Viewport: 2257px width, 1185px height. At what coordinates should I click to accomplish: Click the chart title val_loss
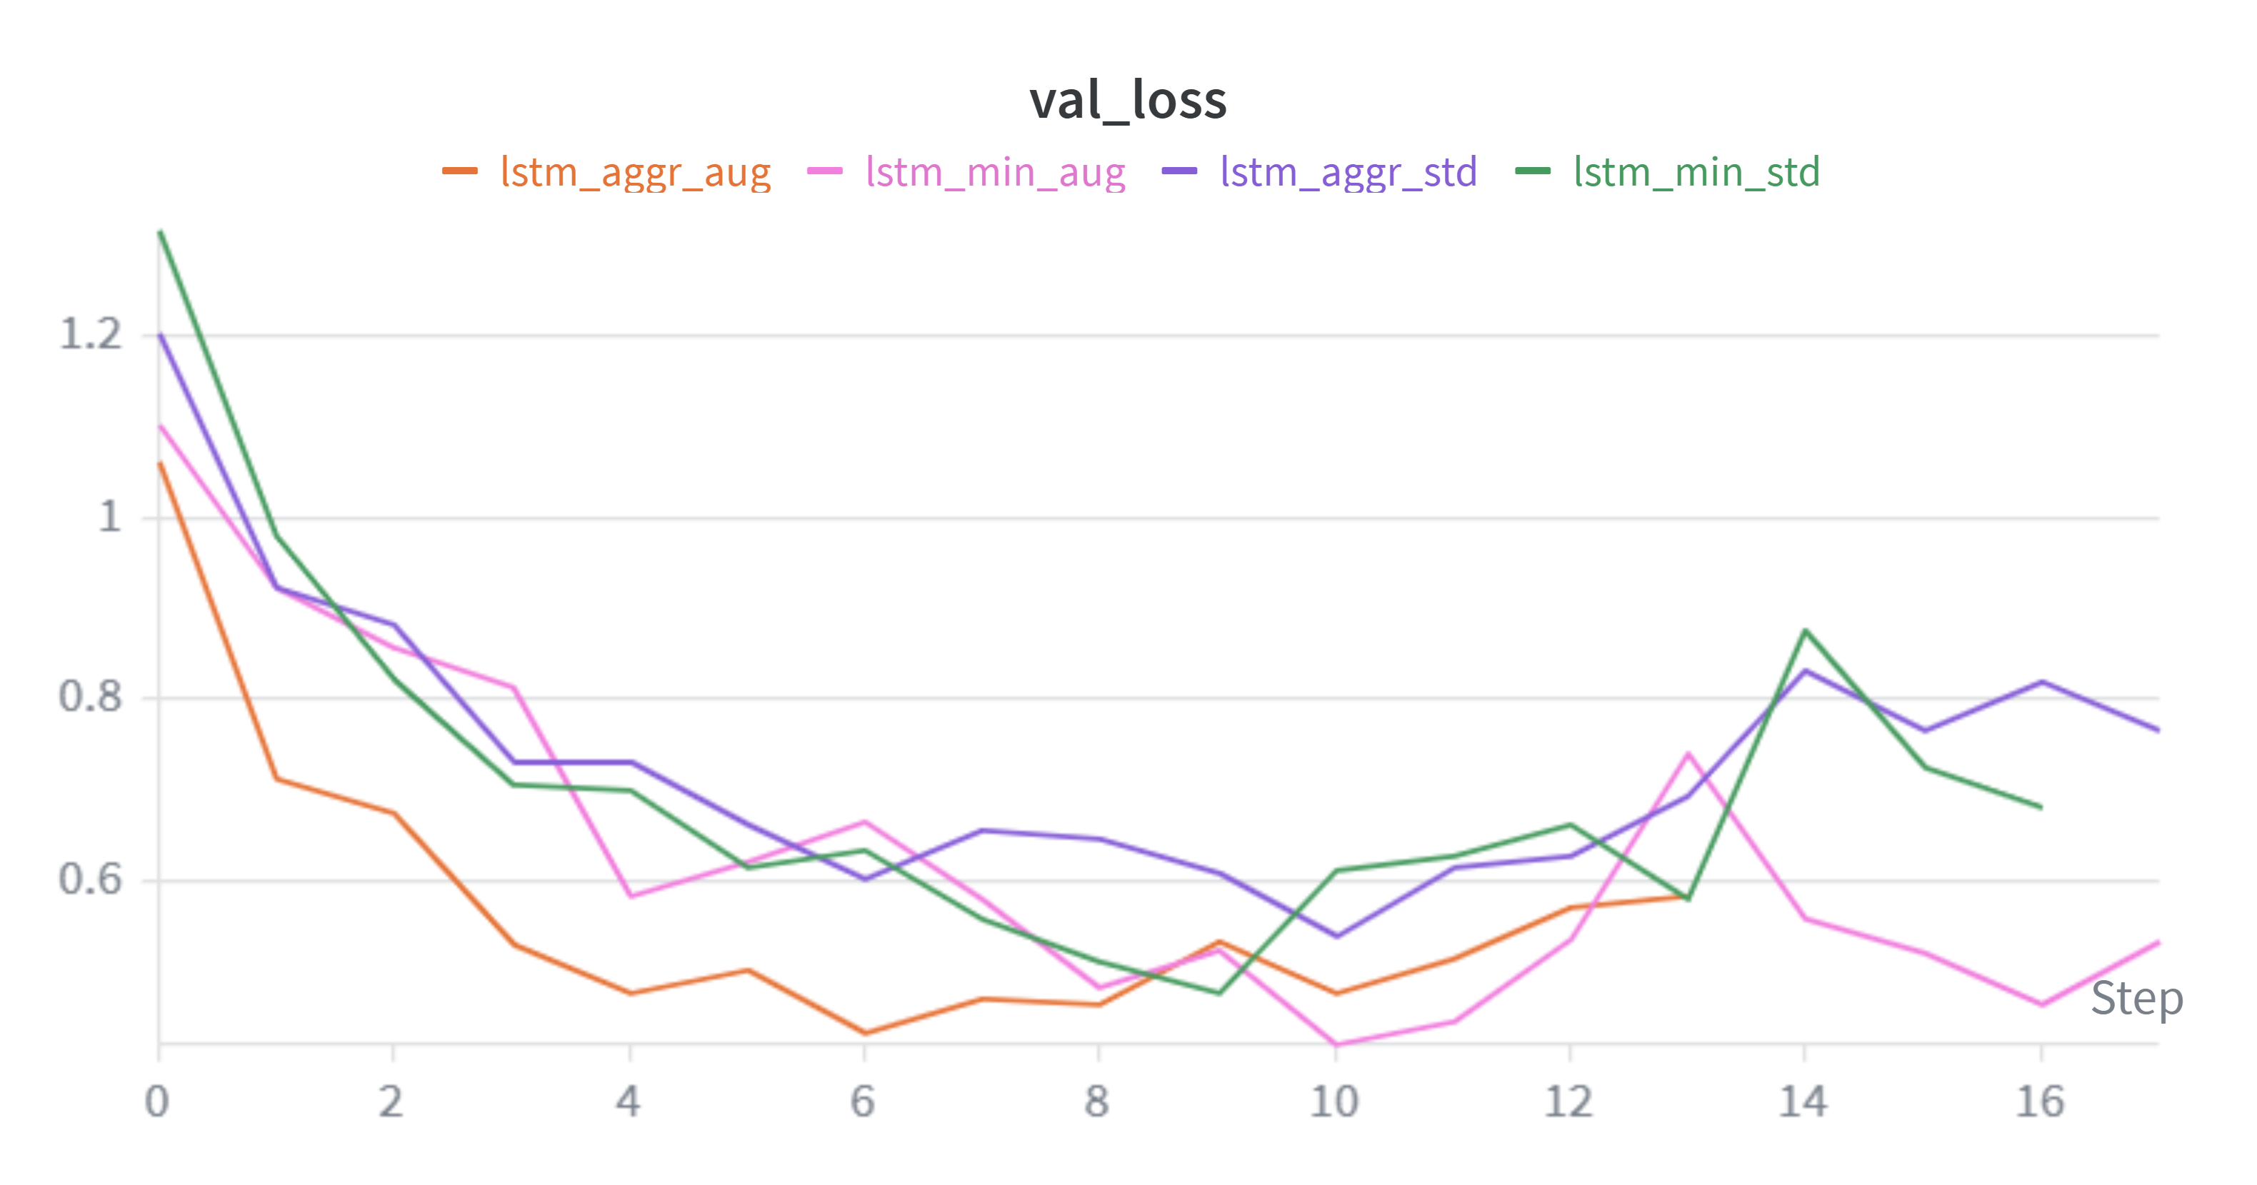tap(1128, 100)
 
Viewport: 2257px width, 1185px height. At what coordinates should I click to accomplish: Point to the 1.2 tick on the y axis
tap(90, 335)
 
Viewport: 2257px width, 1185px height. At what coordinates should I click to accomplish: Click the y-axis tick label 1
tap(109, 517)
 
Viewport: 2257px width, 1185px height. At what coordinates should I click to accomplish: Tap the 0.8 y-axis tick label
tap(90, 697)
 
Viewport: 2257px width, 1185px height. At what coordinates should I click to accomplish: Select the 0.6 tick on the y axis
tap(90, 879)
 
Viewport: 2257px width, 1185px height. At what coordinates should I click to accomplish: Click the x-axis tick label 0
tap(158, 1101)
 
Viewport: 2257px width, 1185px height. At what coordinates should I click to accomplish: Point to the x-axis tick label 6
tap(863, 1101)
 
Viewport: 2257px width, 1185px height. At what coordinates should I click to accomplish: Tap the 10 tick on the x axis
tap(1333, 1101)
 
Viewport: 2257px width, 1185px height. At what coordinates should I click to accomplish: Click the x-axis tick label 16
tap(2040, 1101)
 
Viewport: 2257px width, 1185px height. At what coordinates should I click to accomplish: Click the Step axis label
tap(2136, 999)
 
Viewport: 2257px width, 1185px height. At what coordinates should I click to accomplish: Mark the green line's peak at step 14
tap(1806, 630)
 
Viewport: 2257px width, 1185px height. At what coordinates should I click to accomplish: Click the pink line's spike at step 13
tap(1688, 753)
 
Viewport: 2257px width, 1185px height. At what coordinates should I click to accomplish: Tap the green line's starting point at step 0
tap(160, 232)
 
